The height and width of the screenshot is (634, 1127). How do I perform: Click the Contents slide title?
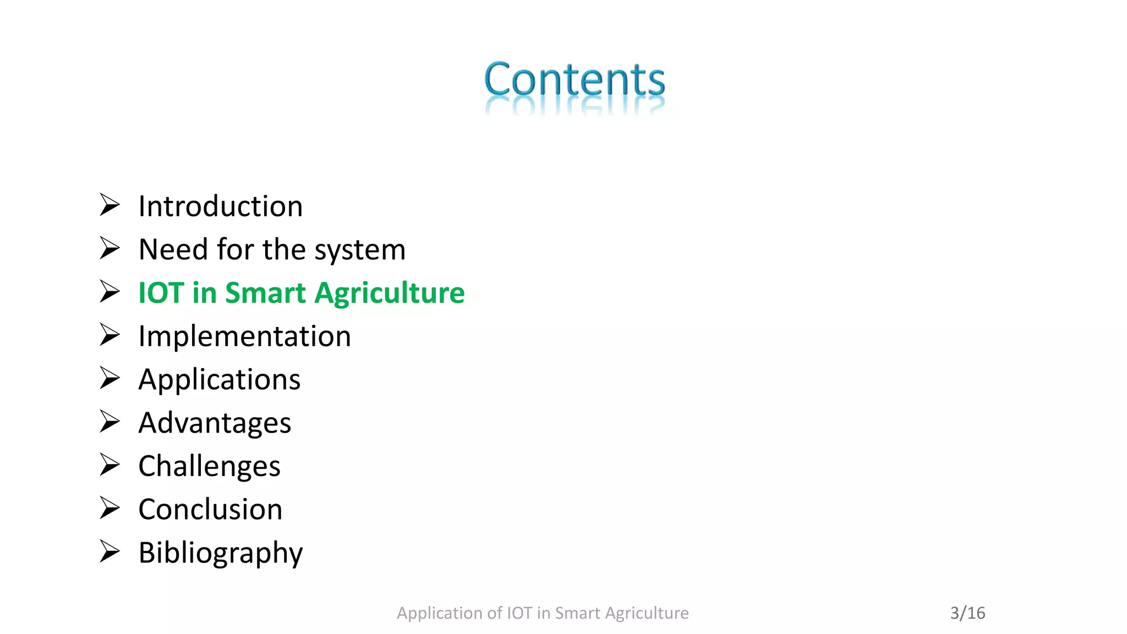(574, 80)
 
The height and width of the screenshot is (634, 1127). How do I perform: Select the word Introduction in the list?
(220, 206)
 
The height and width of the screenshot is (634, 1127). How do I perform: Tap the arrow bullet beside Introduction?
(110, 205)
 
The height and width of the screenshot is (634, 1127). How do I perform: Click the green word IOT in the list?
(161, 293)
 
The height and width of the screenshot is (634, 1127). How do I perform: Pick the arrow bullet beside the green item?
(110, 291)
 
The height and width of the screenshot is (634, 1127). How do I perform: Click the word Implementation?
(244, 336)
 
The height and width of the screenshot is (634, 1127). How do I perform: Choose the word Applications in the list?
(219, 380)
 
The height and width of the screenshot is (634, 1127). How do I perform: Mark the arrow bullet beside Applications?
(110, 378)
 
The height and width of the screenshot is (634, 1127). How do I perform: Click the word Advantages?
(215, 423)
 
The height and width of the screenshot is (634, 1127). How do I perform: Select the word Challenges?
(209, 467)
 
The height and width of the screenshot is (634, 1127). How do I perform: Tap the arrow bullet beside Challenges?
(110, 464)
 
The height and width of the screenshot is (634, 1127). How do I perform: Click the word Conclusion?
(210, 510)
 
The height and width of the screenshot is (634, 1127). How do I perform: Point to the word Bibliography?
(220, 553)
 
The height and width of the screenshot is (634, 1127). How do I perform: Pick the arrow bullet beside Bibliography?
(110, 551)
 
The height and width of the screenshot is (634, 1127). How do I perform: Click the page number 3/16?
(967, 613)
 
